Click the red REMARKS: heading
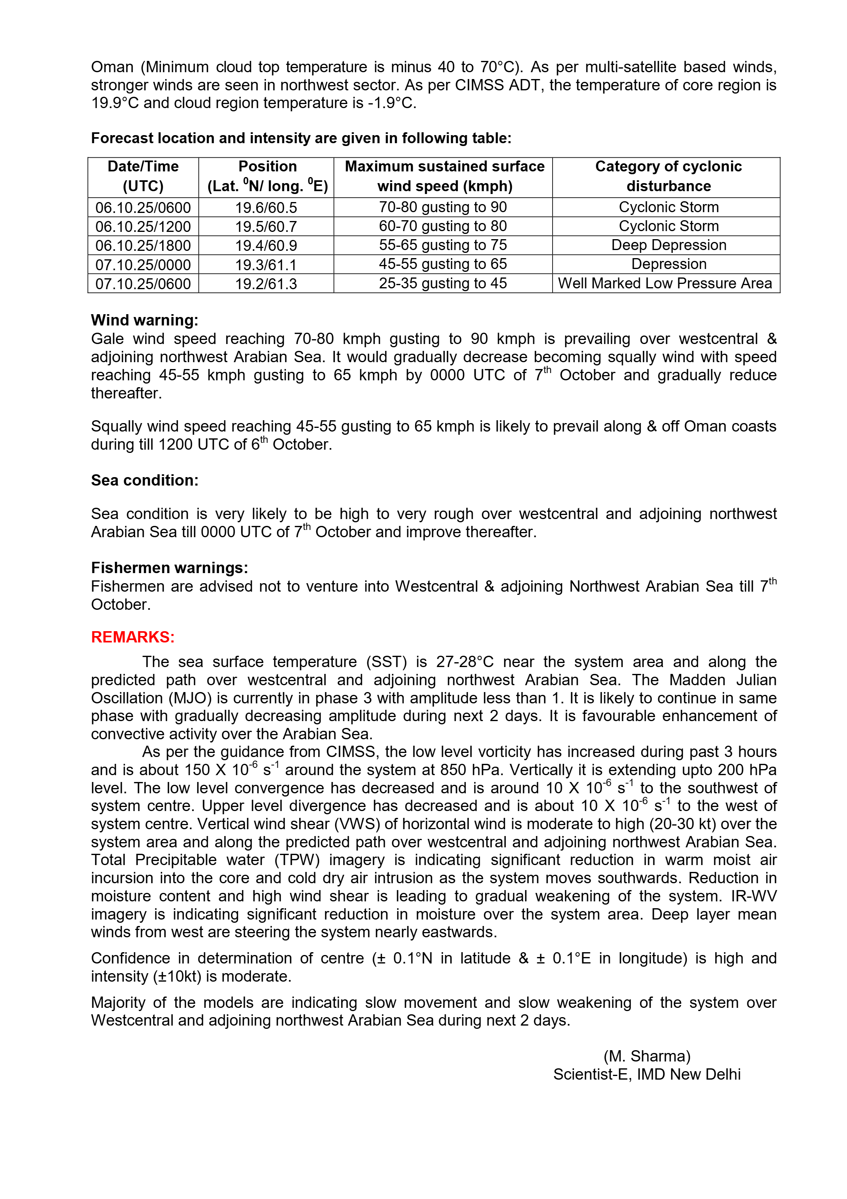tap(133, 637)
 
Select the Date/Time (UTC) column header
tap(143, 177)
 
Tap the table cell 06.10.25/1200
tap(143, 227)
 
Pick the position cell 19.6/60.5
tap(266, 208)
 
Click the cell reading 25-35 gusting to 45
tap(443, 284)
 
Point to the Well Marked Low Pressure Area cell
tap(665, 284)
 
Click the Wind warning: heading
tap(145, 320)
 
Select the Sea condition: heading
tap(145, 480)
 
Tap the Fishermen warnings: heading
tap(169, 568)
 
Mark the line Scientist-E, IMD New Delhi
tap(647, 1074)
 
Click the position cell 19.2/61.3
tap(266, 284)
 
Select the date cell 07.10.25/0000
tap(143, 265)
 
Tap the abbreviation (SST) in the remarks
tap(387, 662)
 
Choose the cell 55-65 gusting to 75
tap(443, 246)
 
